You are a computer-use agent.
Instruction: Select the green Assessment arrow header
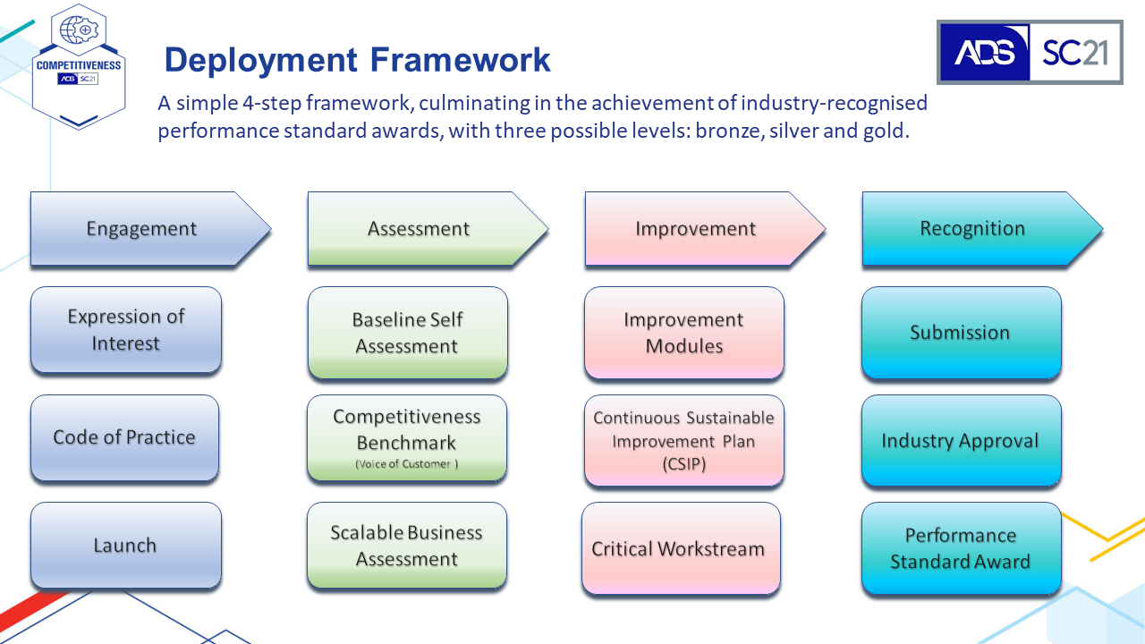[x=428, y=228]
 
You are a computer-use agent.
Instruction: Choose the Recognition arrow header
[x=982, y=228]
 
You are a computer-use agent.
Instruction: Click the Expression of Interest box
[x=126, y=330]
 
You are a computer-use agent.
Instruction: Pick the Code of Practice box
[x=124, y=437]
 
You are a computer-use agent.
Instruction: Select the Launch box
[x=126, y=545]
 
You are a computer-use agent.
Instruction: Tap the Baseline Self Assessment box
[x=407, y=333]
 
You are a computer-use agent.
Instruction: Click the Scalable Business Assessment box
[x=407, y=546]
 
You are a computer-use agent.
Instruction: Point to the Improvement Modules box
[x=684, y=333]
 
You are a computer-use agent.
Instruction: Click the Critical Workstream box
[x=681, y=548]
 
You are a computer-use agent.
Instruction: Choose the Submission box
[x=961, y=333]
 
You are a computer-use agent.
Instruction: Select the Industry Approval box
[x=961, y=441]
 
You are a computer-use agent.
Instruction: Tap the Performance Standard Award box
[x=961, y=548]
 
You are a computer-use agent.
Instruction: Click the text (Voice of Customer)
[x=407, y=464]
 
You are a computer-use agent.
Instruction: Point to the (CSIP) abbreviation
[x=684, y=464]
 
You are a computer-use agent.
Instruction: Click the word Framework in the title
[x=460, y=60]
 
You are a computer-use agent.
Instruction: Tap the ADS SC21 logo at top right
[x=1030, y=52]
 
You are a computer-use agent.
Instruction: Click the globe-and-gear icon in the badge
[x=79, y=30]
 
